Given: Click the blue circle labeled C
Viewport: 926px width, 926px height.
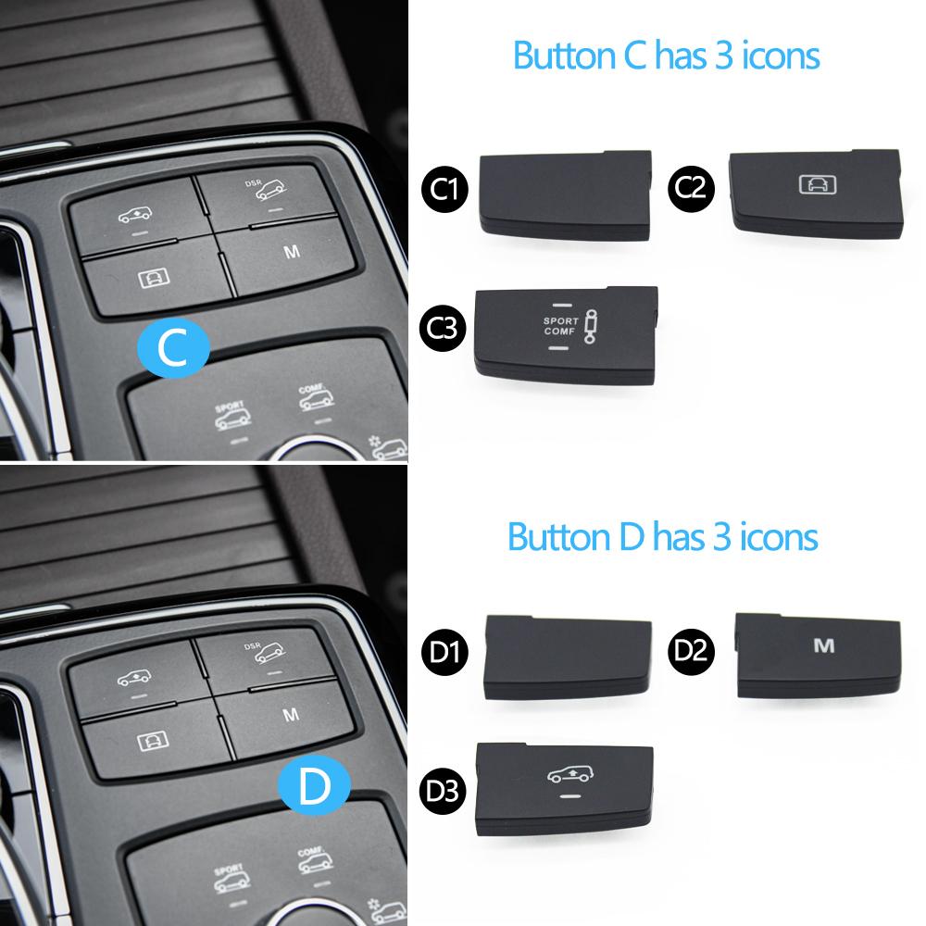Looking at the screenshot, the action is tap(173, 347).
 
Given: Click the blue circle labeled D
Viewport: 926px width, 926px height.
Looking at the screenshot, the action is tap(314, 785).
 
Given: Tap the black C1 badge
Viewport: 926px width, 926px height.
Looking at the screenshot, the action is tap(444, 189).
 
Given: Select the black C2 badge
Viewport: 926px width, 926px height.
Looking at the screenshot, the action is tap(691, 188).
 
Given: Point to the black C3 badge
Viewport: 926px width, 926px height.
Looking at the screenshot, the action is tap(443, 328).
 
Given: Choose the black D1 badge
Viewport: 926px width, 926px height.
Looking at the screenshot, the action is tap(444, 652).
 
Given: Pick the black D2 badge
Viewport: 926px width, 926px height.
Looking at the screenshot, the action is tap(691, 651).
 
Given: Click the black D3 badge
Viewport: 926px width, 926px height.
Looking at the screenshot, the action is tap(443, 792).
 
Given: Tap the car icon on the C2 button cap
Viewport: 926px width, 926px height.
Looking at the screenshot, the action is tap(818, 185).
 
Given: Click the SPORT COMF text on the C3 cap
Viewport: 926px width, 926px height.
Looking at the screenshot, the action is tap(560, 326).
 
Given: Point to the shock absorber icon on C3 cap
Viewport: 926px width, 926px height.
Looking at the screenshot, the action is tap(590, 327).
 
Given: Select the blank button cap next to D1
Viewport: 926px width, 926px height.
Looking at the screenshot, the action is tap(568, 657).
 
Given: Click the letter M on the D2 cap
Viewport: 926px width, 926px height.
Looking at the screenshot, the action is tap(824, 645).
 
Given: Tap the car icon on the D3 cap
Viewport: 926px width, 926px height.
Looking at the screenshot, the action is tap(569, 774).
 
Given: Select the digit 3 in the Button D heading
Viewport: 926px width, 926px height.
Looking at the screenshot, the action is tap(722, 537).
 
